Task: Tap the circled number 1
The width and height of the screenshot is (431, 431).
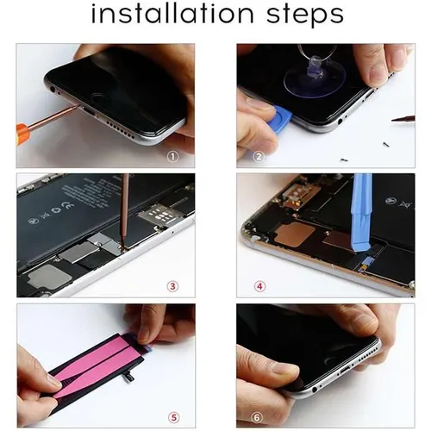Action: [x=172, y=156]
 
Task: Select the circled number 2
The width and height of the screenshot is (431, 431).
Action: [x=258, y=156]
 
